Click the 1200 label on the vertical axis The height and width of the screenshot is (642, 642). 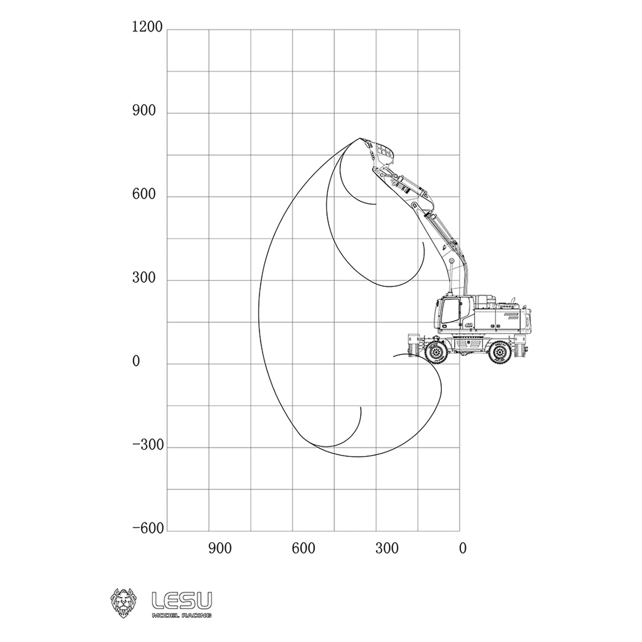[147, 27]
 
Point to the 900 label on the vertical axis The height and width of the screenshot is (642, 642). [144, 111]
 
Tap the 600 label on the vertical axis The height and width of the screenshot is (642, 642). [144, 194]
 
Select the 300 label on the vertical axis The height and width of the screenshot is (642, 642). [144, 278]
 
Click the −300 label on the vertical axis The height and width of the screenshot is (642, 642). [148, 445]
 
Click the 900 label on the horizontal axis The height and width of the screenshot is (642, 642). [220, 549]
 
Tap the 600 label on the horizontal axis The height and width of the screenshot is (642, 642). [303, 549]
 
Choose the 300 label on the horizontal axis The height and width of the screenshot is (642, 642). [387, 549]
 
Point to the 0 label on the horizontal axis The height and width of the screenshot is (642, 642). [463, 549]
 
